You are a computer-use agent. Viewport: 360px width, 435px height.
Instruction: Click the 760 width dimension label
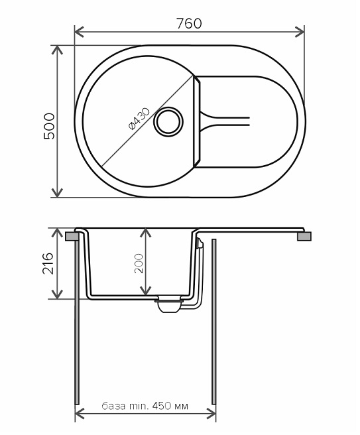click(x=189, y=23)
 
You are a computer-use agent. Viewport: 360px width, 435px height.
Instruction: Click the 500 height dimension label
click(x=50, y=126)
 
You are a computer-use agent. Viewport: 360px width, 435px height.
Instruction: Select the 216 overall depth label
click(x=48, y=263)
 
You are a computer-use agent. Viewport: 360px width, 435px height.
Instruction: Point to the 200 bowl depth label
click(x=139, y=263)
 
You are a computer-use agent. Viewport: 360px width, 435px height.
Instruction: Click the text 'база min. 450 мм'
click(x=145, y=406)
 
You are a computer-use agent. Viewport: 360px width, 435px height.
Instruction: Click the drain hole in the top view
click(x=168, y=122)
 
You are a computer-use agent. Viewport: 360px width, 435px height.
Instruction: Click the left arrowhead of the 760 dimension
click(x=80, y=32)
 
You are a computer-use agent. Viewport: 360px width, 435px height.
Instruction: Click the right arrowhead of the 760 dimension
click(x=300, y=32)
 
